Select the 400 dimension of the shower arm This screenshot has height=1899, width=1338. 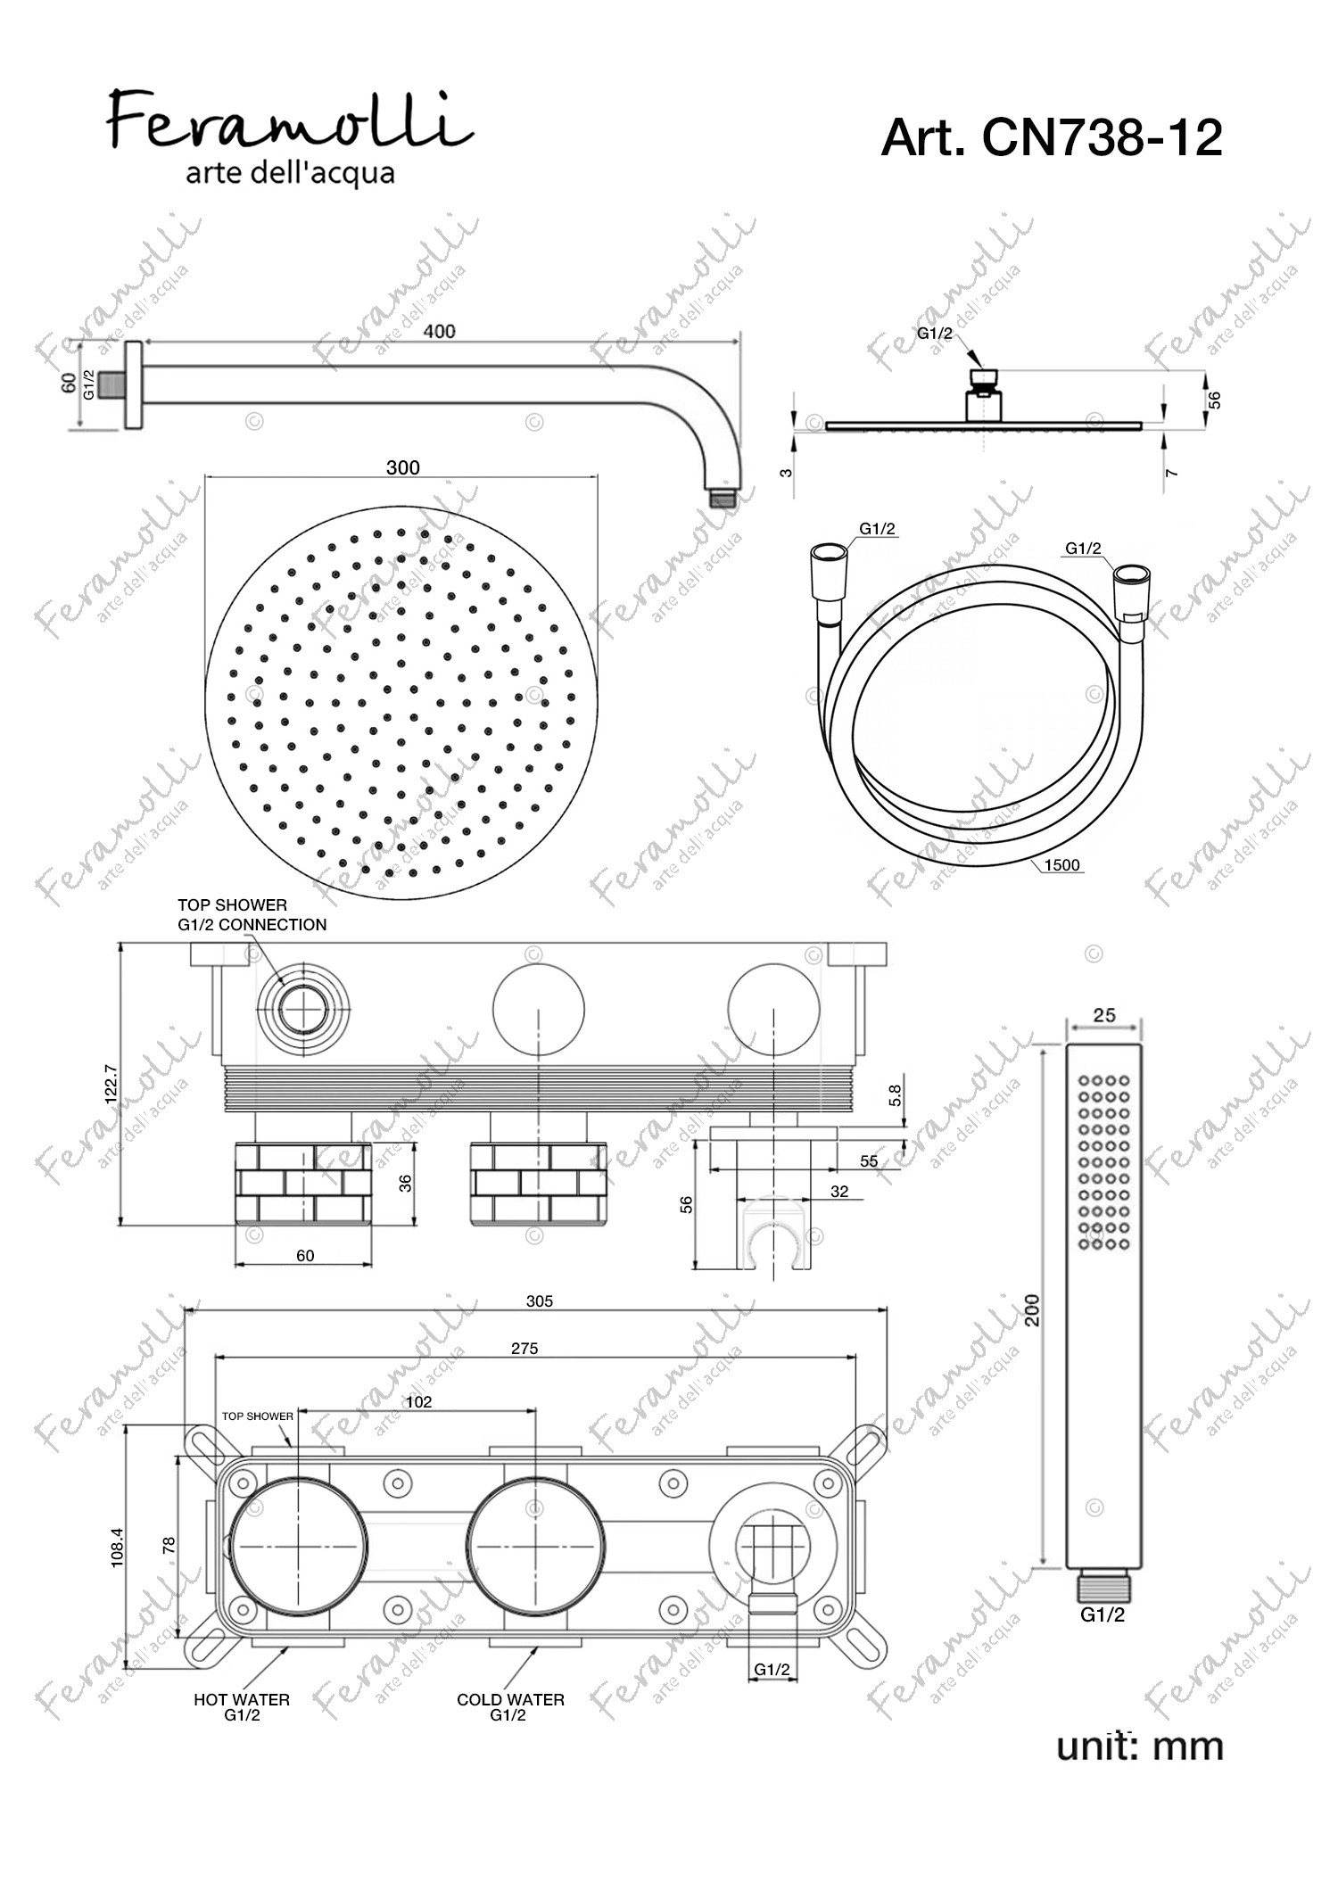point(439,331)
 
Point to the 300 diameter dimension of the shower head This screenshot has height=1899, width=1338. point(402,467)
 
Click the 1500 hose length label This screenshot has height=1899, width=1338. point(1061,864)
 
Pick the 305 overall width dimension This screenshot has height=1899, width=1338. point(540,1301)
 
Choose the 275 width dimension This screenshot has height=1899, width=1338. point(524,1349)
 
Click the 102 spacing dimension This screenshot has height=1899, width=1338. point(418,1401)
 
